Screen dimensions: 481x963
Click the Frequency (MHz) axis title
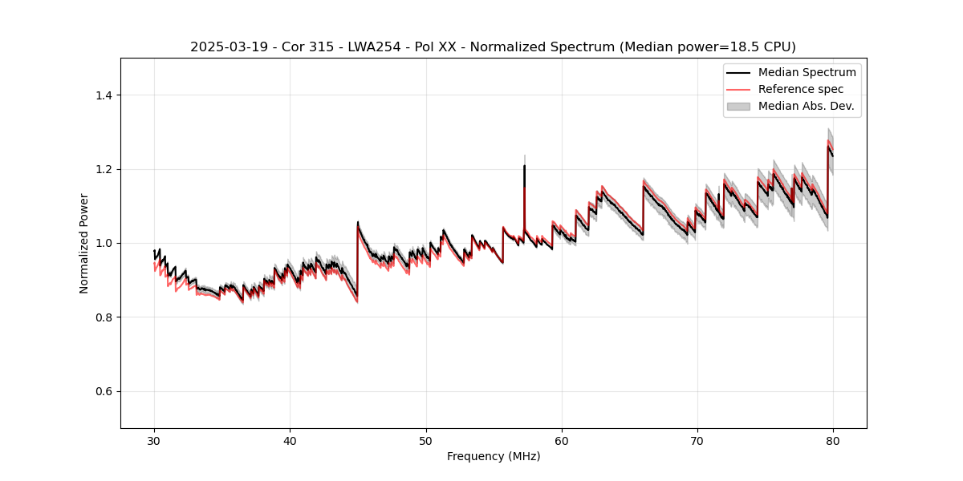click(494, 456)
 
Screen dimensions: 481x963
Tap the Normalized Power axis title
click(84, 243)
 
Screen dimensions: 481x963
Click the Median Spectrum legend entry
click(807, 72)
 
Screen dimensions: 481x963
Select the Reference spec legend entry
click(801, 89)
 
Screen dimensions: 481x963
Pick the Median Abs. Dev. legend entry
click(806, 106)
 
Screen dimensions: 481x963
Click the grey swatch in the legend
click(737, 106)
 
